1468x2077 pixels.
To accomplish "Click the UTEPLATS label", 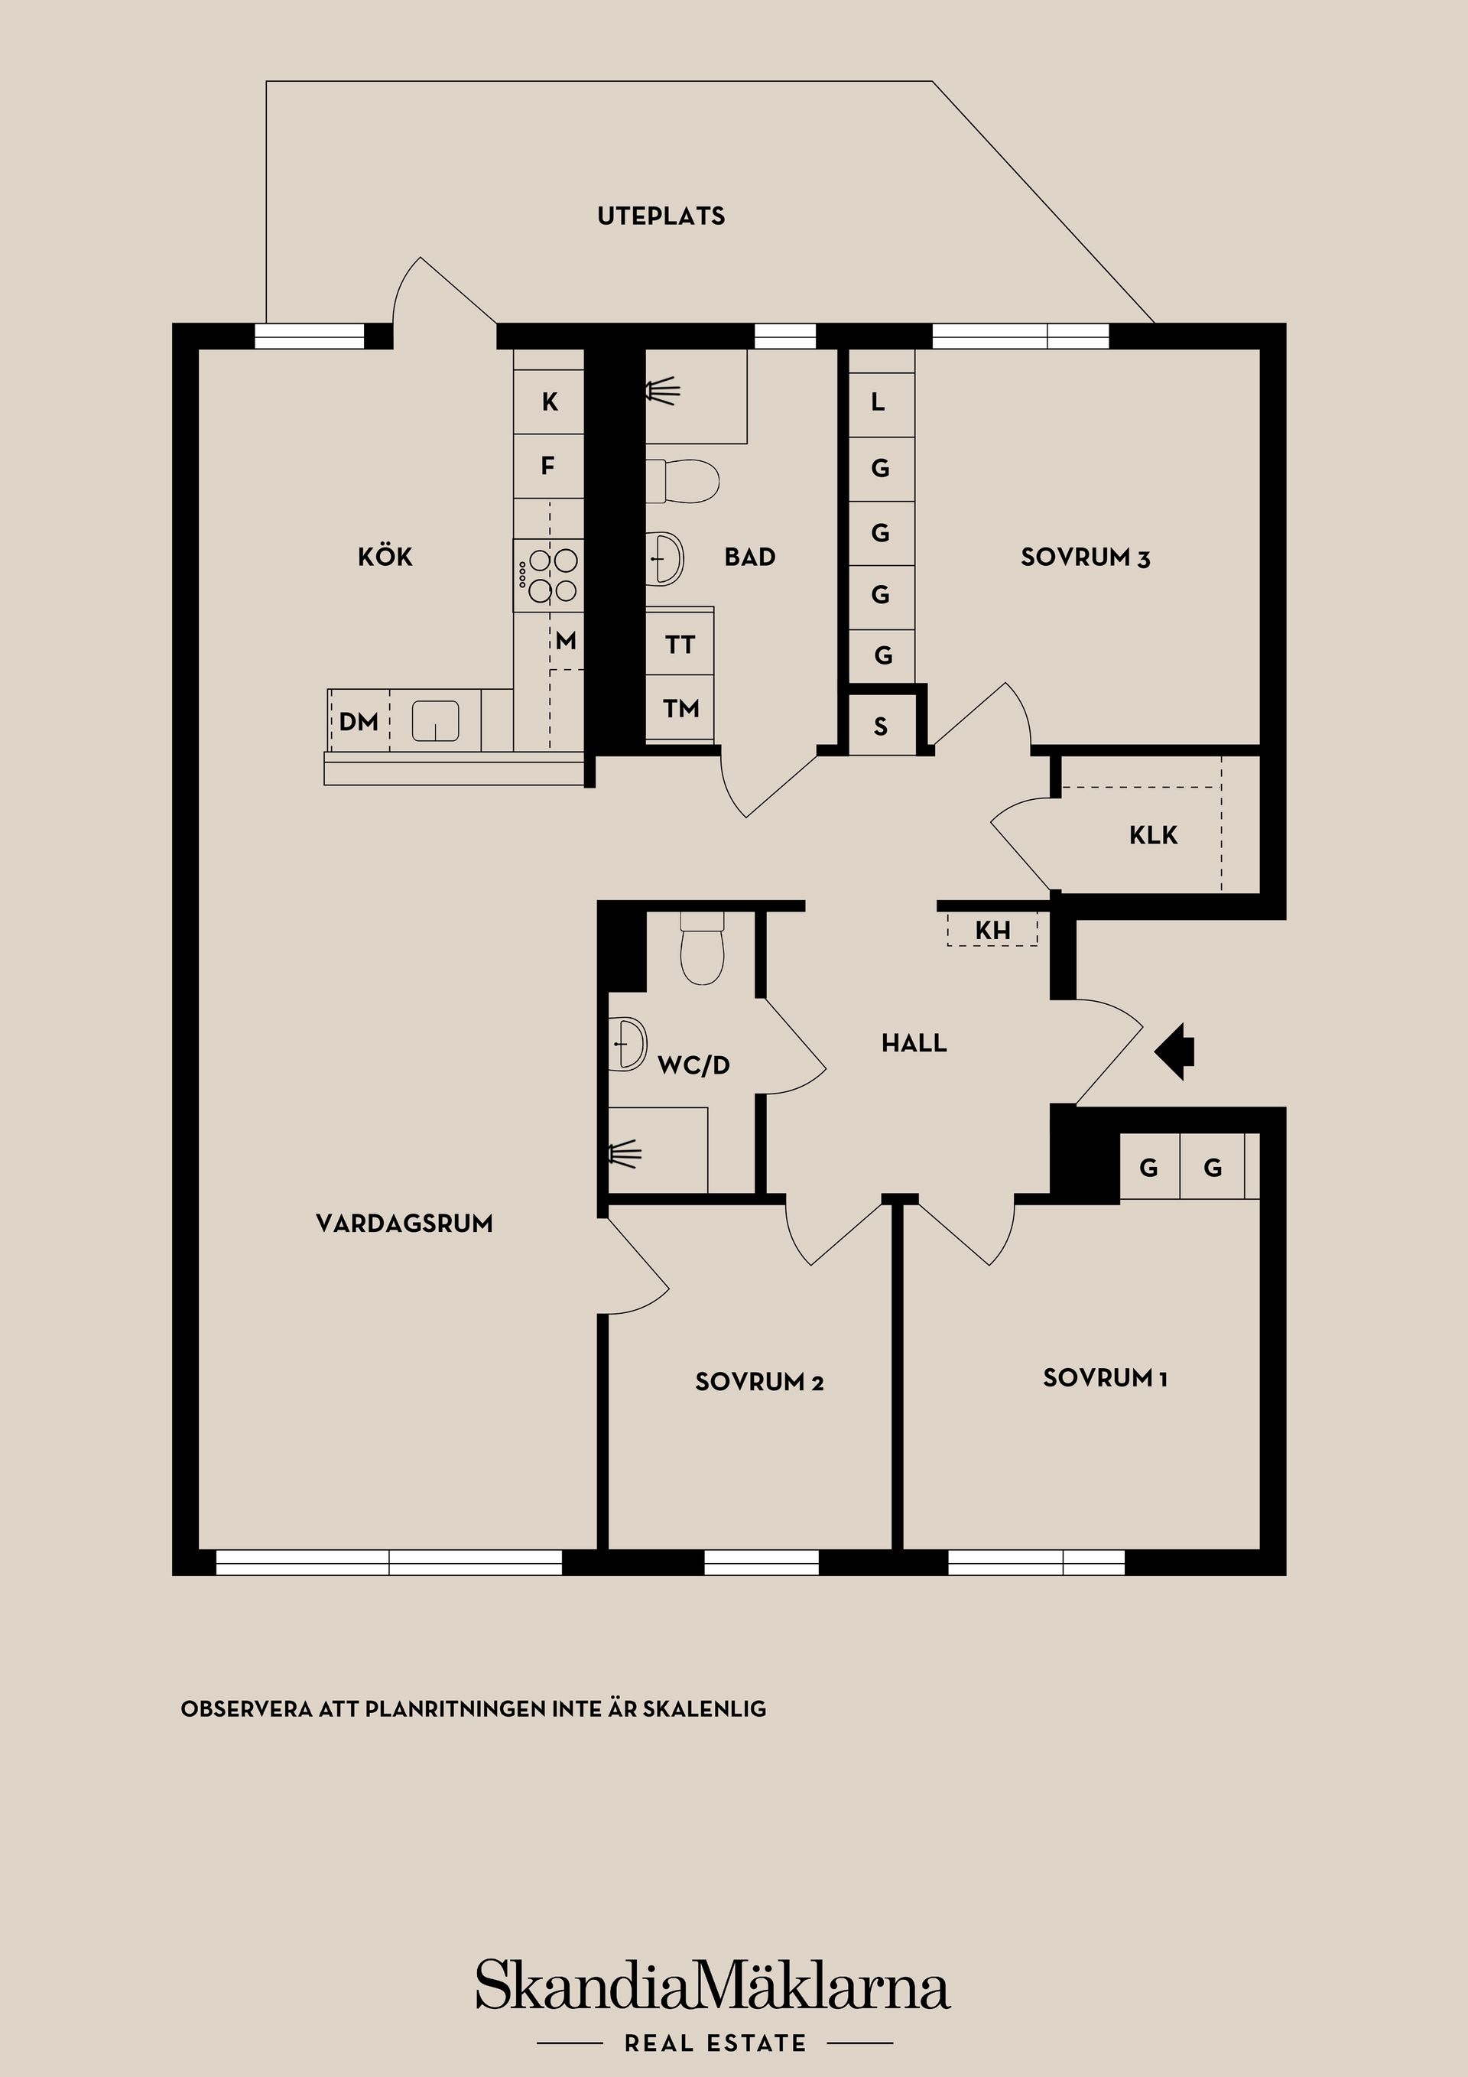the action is tap(661, 216).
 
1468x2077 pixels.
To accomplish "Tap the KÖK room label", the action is tap(385, 557).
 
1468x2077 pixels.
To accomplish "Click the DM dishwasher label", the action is tap(358, 721).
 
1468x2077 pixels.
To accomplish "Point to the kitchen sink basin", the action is tap(435, 721).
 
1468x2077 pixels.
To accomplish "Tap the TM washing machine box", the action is tap(680, 707).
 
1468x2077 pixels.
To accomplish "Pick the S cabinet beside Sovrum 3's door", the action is tap(881, 725).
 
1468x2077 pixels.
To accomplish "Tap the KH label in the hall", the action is tap(992, 930).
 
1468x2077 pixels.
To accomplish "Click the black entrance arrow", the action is tap(1175, 1052).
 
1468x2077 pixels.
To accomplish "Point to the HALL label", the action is tap(914, 1043).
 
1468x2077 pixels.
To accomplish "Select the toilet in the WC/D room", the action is tap(702, 947).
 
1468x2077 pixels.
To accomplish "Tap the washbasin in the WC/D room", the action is tap(628, 1044).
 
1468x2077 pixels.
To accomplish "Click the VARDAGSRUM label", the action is tap(404, 1224).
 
